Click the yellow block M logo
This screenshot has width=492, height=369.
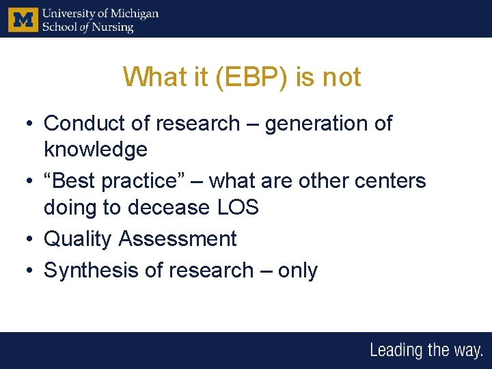[x=22, y=19]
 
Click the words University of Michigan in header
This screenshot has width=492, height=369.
[x=100, y=13]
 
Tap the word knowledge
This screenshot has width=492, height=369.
[x=95, y=149]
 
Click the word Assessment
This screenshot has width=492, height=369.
[x=178, y=239]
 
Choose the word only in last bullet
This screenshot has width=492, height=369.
[x=297, y=271]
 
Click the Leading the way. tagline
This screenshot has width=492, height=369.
[x=426, y=351]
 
